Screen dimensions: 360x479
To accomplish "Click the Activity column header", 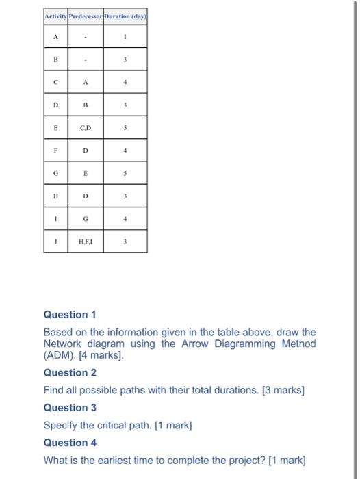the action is [x=55, y=16].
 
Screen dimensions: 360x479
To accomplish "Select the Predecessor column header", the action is [x=86, y=16].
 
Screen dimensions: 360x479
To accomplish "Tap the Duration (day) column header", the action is [x=125, y=16].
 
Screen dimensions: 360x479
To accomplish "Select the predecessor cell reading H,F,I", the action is [x=86, y=242].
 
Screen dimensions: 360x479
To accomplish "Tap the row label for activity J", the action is [x=55, y=242].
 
